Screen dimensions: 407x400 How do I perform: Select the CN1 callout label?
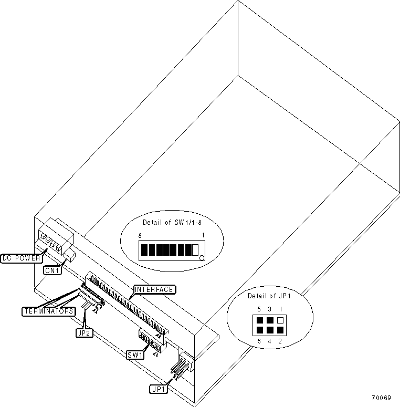tap(51, 271)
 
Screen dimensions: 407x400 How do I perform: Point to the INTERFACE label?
tap(154, 289)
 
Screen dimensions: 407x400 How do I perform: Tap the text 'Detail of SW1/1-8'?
tap(172, 222)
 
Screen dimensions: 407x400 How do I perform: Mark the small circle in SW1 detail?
tap(202, 258)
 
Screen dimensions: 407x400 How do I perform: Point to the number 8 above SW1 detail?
tap(140, 237)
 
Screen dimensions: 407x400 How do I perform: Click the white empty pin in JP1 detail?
tap(280, 319)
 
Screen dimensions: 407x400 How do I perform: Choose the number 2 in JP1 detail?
tap(281, 341)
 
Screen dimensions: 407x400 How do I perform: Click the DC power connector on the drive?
tap(52, 242)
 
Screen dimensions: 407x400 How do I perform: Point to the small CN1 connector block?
tap(69, 256)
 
